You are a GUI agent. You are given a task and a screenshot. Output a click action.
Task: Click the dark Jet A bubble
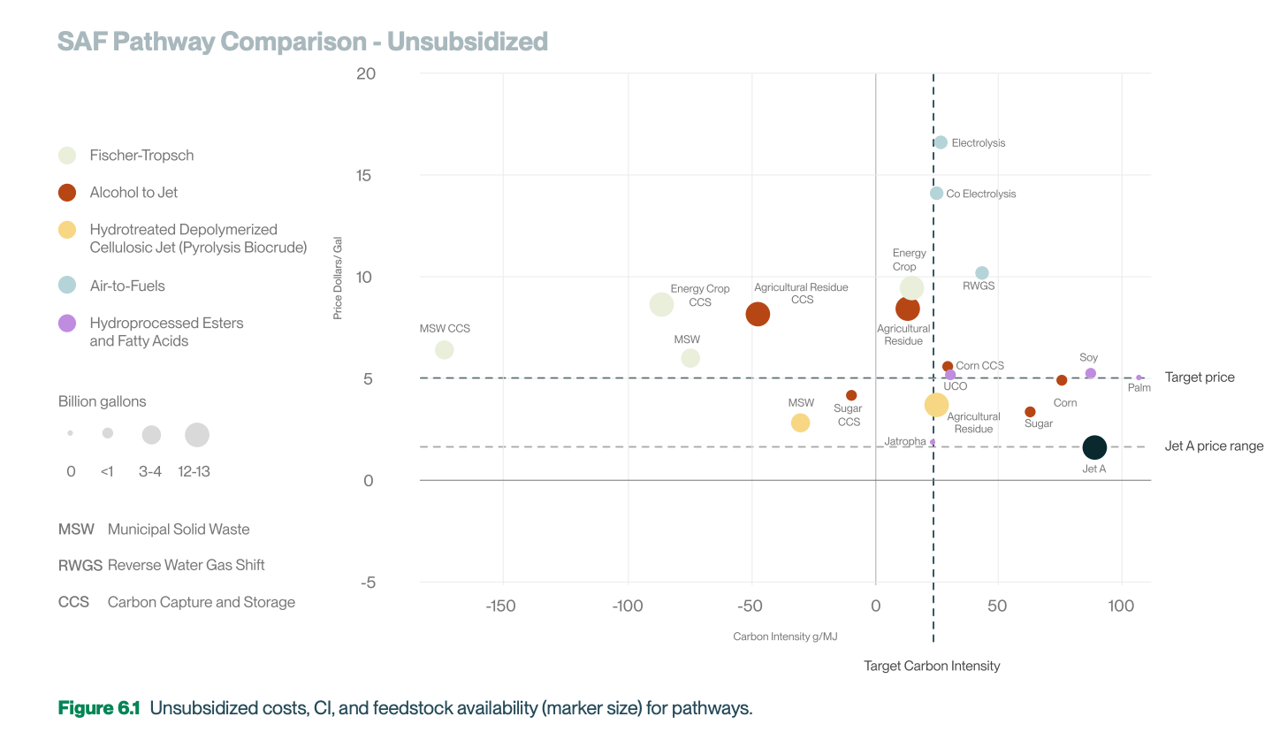pos(1094,448)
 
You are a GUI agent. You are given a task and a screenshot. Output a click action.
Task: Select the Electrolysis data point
pos(941,142)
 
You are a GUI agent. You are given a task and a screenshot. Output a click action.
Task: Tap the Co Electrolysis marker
pos(936,194)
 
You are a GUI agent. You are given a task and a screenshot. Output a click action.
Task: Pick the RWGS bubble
pos(981,273)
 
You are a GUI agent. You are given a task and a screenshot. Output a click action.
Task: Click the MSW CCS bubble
pos(445,350)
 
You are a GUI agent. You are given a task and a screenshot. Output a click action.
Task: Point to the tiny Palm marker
pos(1139,377)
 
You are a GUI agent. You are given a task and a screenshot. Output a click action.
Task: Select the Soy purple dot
pos(1091,373)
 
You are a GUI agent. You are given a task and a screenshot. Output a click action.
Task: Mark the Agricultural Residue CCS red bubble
pos(758,314)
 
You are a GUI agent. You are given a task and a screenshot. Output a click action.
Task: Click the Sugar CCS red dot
pos(851,395)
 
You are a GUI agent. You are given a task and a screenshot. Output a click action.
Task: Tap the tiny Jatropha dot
pos(933,442)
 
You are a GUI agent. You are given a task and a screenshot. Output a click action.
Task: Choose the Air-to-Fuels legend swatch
pos(67,286)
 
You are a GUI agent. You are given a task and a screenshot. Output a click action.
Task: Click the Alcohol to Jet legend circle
pos(67,193)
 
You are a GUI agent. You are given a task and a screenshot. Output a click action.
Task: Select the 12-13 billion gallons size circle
pos(197,435)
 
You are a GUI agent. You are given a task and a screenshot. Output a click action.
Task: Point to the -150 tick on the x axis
pos(503,606)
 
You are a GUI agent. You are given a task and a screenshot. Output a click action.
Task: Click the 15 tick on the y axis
pos(365,175)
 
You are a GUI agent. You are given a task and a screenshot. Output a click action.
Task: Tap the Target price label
pos(1200,377)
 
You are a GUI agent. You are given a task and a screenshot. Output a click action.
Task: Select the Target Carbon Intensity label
pos(932,666)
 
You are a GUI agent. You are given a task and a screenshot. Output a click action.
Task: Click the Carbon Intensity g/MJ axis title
pos(785,637)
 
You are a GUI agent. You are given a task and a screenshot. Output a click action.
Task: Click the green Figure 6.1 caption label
pos(99,707)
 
